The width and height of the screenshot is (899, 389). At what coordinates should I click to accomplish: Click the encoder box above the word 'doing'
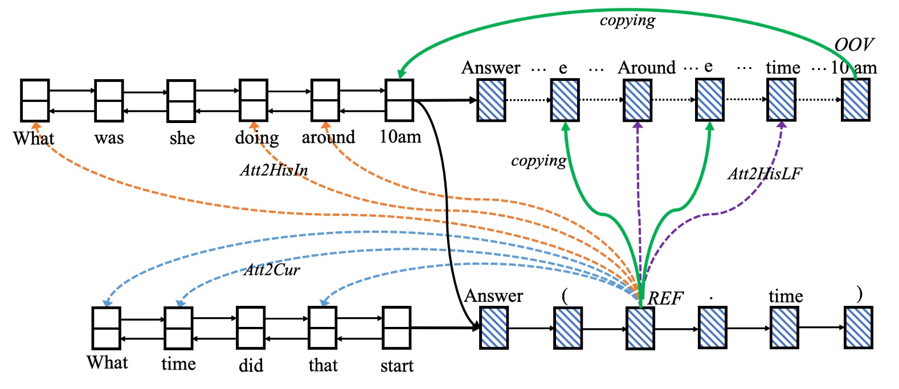(x=254, y=100)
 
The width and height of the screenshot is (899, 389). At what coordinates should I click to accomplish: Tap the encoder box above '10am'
(x=399, y=100)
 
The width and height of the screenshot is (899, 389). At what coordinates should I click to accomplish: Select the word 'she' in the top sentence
(x=182, y=138)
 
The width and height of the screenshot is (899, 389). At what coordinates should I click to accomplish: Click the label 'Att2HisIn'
(x=274, y=170)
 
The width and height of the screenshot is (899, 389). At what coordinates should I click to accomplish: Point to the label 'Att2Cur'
(x=272, y=269)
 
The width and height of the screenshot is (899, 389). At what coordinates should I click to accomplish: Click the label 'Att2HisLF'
(x=765, y=174)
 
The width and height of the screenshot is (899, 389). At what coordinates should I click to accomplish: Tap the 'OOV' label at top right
(x=853, y=45)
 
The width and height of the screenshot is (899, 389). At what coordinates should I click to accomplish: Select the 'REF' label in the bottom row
(x=665, y=298)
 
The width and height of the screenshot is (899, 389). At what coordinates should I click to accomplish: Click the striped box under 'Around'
(x=638, y=100)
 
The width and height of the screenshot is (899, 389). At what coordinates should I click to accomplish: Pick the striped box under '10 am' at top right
(x=856, y=100)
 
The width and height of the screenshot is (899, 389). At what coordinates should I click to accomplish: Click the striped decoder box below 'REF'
(x=640, y=328)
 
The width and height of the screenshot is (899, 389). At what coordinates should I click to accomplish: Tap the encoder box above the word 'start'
(x=397, y=328)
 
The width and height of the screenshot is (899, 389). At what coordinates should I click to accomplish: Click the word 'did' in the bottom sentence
(x=251, y=365)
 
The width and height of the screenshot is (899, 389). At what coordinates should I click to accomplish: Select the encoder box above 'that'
(x=323, y=328)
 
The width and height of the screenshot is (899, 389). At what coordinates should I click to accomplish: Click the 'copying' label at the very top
(x=627, y=21)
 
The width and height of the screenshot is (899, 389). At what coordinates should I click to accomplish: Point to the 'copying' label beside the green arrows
(x=538, y=161)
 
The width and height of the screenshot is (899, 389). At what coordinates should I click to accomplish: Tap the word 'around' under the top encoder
(x=328, y=137)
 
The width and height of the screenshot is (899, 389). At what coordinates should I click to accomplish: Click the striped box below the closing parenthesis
(x=859, y=328)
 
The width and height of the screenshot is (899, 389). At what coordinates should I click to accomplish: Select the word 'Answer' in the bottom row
(x=493, y=296)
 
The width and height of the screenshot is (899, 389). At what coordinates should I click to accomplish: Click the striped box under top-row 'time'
(x=782, y=100)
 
